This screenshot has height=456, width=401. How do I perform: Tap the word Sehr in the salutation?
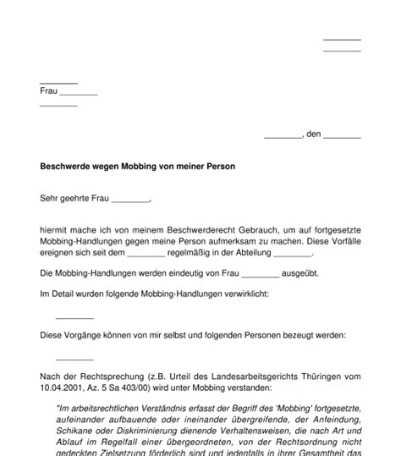(49, 201)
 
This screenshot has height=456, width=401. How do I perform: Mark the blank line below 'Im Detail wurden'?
(74, 318)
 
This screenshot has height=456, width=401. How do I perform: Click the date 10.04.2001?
(62, 387)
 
